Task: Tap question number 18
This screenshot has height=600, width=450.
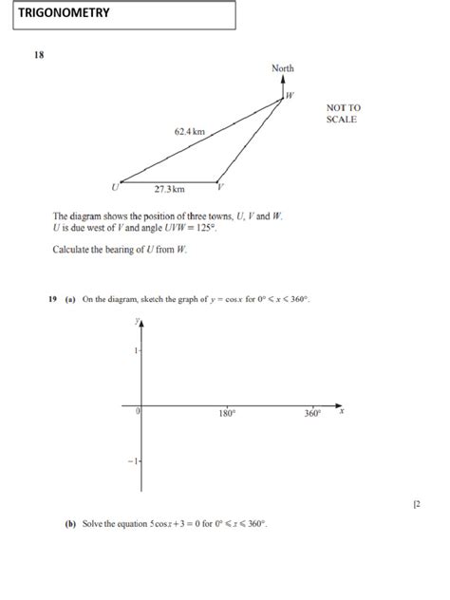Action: [x=40, y=55]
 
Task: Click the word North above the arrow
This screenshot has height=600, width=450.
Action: [x=283, y=68]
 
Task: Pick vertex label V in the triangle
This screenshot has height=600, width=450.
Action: [x=220, y=186]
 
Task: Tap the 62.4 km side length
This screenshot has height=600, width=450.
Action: [x=189, y=131]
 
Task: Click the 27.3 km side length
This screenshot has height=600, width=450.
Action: [x=170, y=190]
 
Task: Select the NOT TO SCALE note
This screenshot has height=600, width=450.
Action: [x=344, y=114]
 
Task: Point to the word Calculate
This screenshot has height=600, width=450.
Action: [x=71, y=251]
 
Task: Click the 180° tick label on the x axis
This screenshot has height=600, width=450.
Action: [x=228, y=414]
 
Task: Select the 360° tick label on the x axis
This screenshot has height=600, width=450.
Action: [x=313, y=414]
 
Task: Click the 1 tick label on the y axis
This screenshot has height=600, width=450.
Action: [x=136, y=350]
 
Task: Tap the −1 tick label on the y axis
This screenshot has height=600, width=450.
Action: [x=134, y=460]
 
